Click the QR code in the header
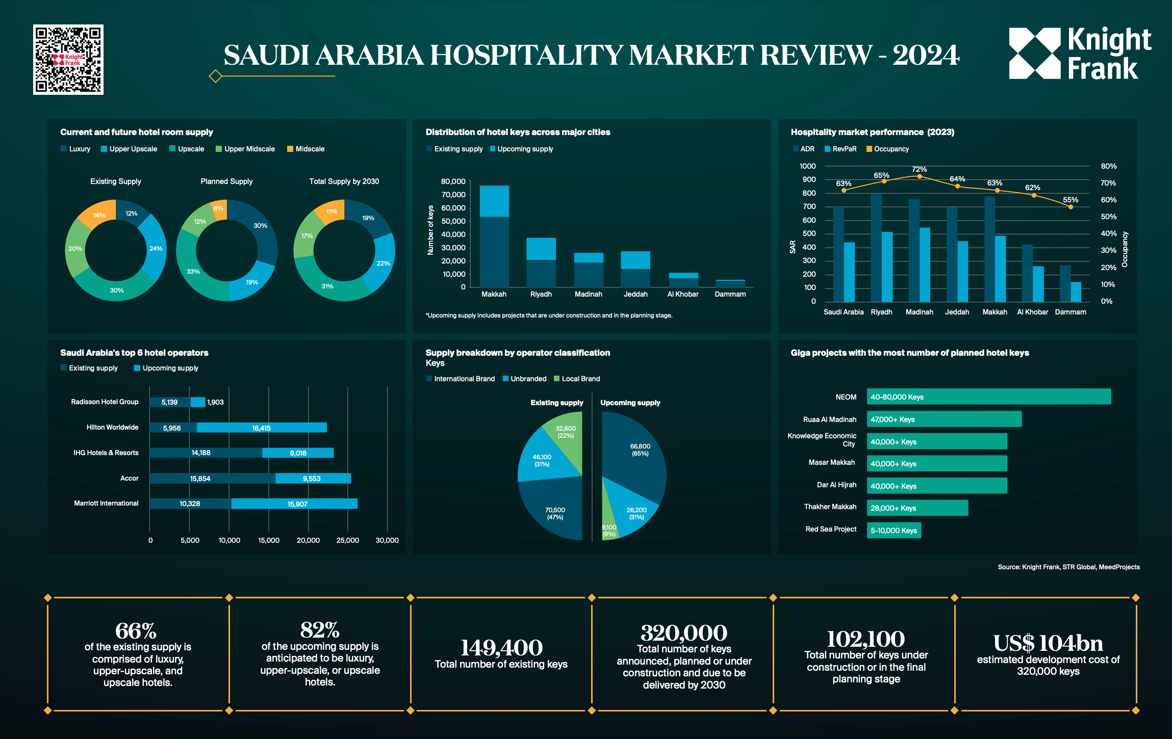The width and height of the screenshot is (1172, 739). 68,60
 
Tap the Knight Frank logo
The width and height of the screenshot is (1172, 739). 1080,54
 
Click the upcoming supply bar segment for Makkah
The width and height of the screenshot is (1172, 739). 494,201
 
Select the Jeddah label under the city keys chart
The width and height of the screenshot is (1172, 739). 635,294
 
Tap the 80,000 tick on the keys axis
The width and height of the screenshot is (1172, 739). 453,181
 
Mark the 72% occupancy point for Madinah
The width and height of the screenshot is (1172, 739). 919,176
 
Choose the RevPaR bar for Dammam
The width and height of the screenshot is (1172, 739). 1076,292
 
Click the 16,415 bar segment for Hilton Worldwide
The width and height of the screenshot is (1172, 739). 262,428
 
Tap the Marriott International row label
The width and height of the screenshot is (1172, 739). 106,503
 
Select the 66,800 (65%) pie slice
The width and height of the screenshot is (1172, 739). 638,454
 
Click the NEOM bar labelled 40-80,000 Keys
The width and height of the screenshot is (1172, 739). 988,397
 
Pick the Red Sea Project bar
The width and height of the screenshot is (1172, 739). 894,530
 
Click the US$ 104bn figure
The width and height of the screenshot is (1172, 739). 1048,643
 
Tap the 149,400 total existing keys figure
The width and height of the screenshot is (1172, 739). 501,648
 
